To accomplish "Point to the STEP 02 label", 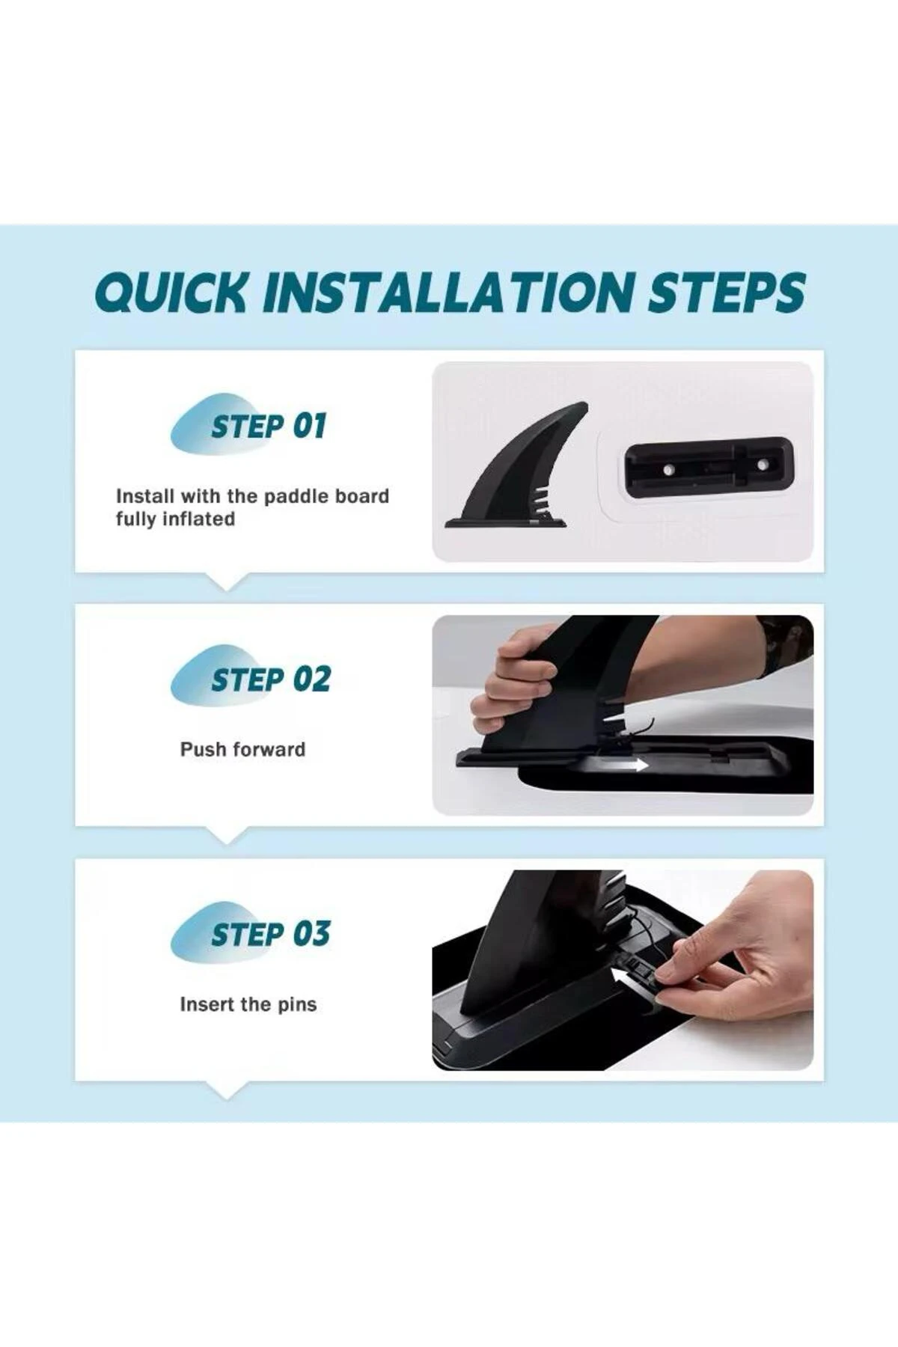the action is (x=270, y=680).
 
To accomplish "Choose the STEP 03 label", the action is (x=270, y=935).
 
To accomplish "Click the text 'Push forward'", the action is (x=242, y=749).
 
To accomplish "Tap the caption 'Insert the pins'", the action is (x=248, y=1004).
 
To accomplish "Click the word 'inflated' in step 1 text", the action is (x=198, y=519).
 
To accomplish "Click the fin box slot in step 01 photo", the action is (x=708, y=467).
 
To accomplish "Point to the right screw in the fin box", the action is (x=762, y=465).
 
